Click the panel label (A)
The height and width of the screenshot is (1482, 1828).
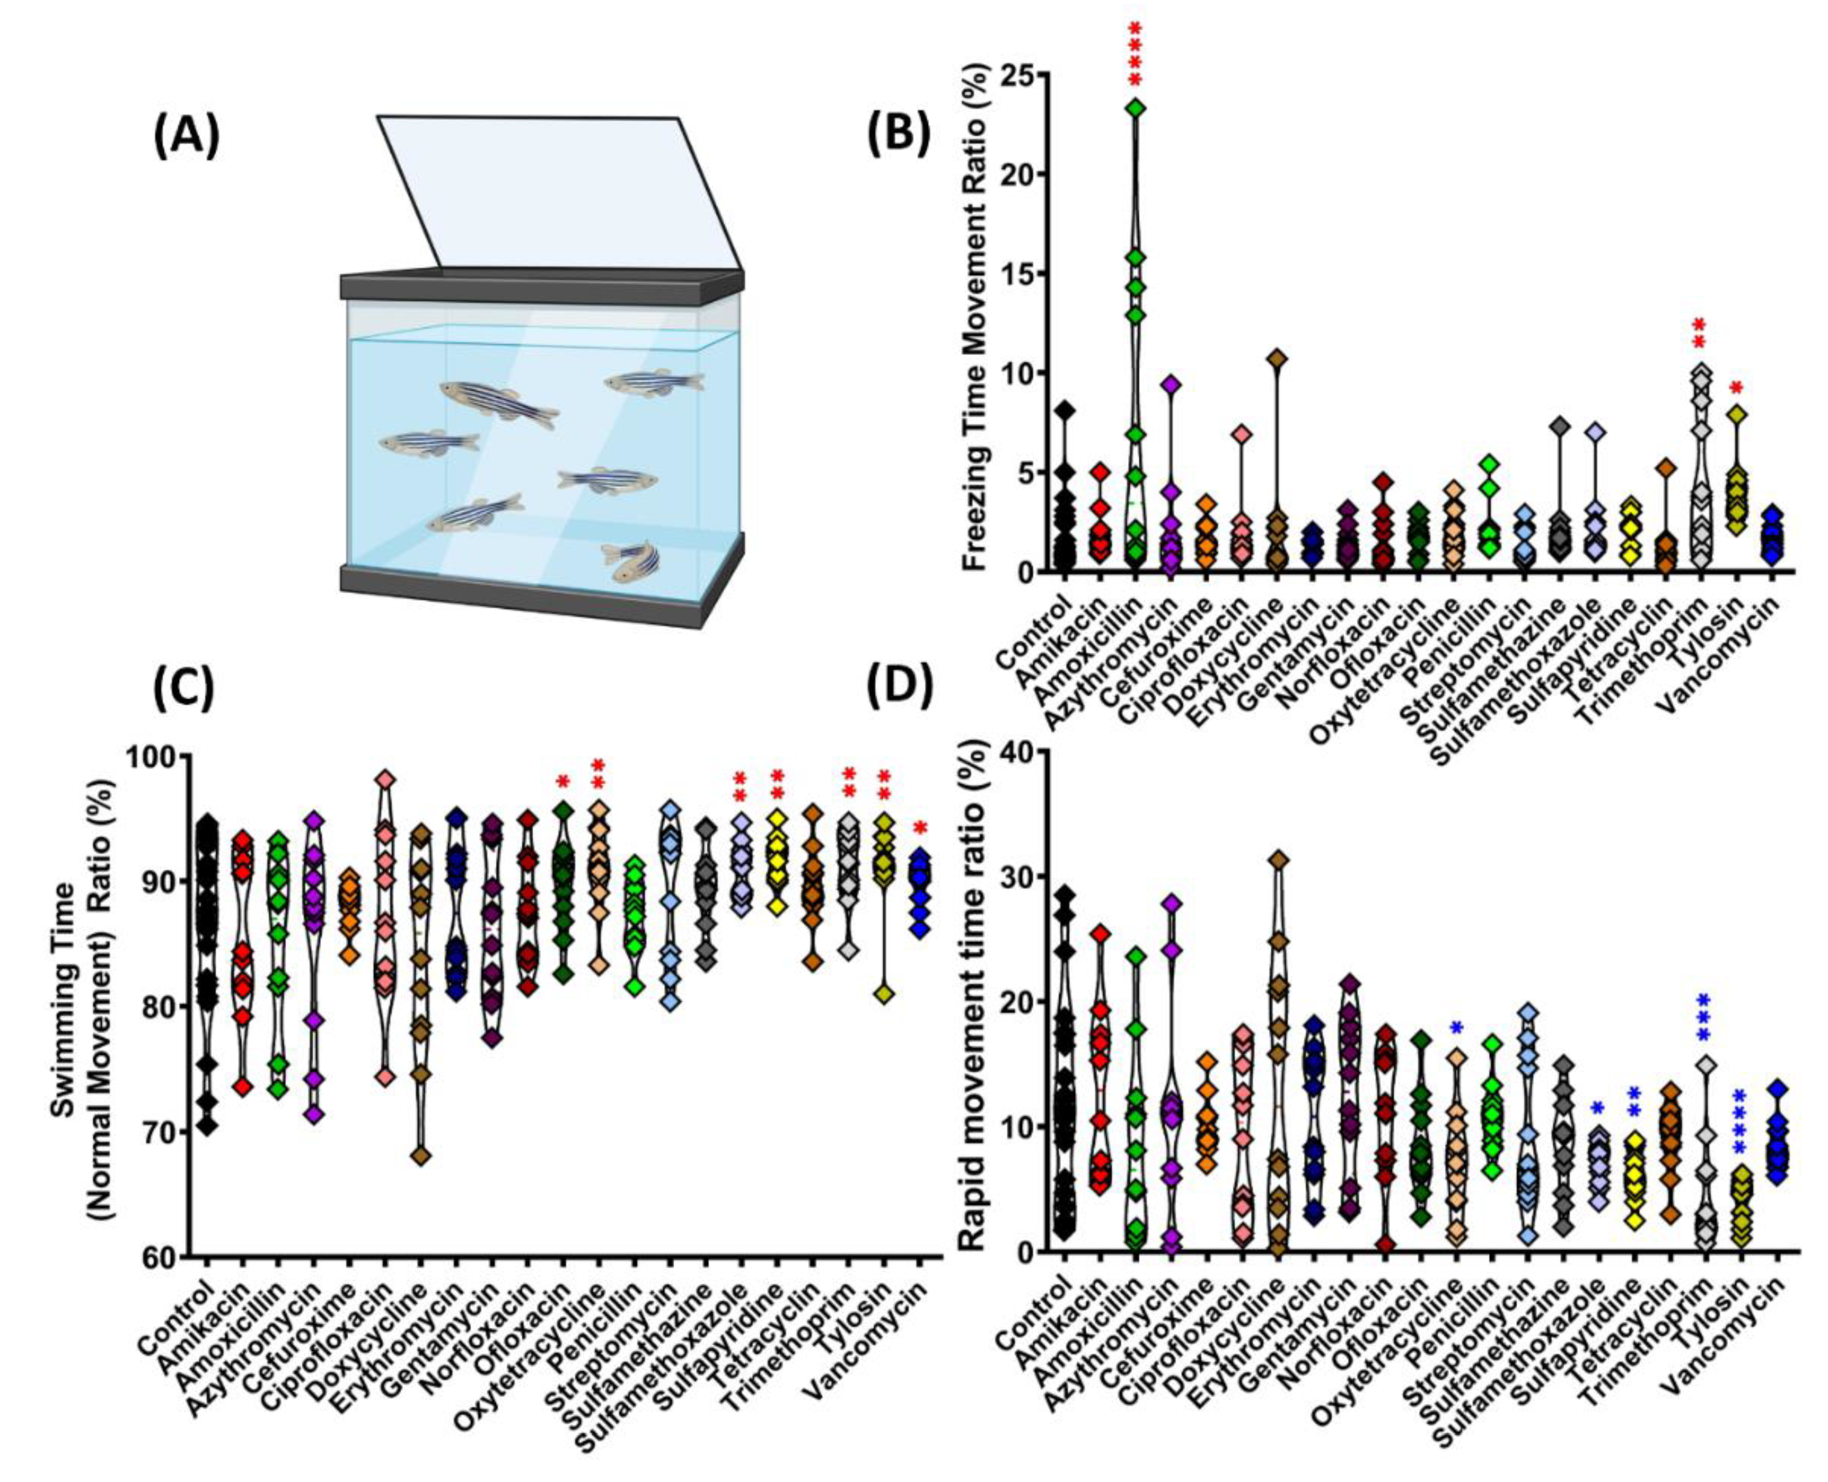[186, 136]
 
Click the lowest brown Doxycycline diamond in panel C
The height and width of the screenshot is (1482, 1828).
[421, 1157]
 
